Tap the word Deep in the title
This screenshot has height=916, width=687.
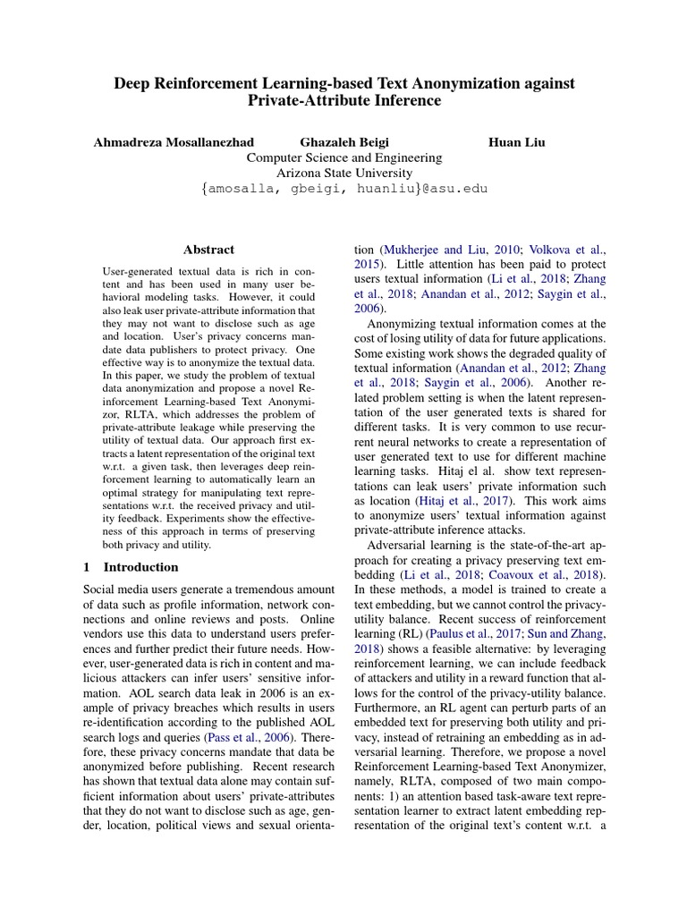click(x=131, y=82)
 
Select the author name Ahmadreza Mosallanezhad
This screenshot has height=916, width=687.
click(x=174, y=141)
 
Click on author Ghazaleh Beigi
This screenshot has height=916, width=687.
click(x=344, y=141)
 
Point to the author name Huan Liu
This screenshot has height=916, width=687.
click(x=517, y=141)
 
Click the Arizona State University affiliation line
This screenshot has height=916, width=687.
click(x=344, y=173)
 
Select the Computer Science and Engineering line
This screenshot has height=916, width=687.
click(x=344, y=157)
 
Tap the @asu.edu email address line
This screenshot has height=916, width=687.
click(x=344, y=189)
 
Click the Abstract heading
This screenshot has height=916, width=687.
click(x=208, y=250)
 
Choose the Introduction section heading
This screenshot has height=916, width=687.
click(x=140, y=566)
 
